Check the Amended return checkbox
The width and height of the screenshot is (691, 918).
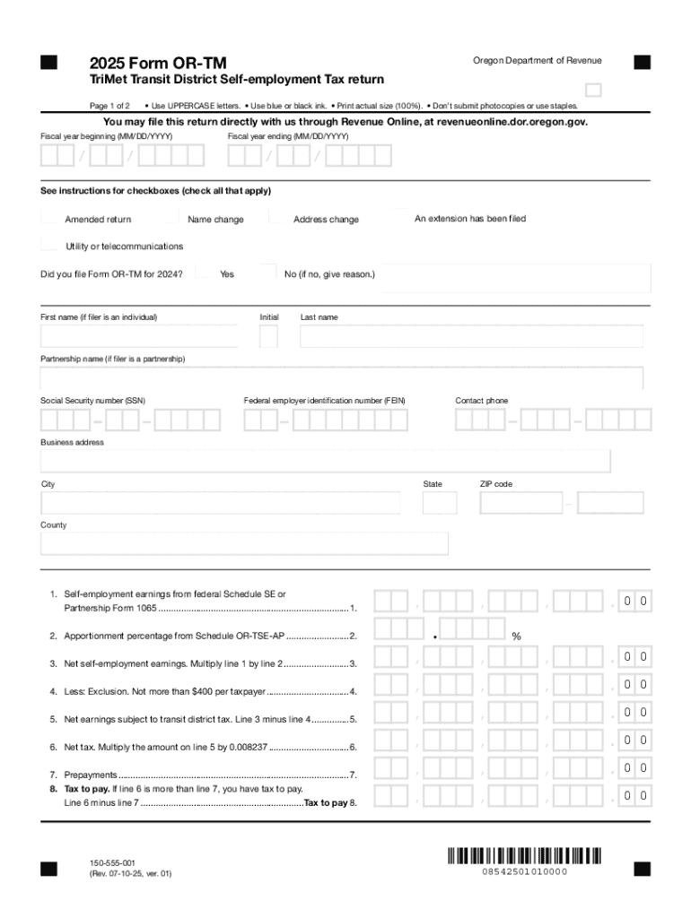pos(49,217)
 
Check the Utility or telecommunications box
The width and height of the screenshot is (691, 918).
pos(49,245)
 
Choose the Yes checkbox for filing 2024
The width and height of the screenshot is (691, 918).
pos(204,273)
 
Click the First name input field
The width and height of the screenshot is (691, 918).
pos(139,336)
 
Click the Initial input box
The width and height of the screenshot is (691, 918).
pos(268,336)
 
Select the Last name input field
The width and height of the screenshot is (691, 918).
pos(471,336)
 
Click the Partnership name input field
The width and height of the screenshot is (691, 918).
pos(341,377)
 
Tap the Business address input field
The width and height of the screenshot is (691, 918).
pos(325,461)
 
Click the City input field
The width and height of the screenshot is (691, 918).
pos(220,503)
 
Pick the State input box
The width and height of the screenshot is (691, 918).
pos(440,503)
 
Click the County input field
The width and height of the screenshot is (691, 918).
pos(244,544)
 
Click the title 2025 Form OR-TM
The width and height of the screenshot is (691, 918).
pos(158,63)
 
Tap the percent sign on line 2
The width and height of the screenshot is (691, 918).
pos(516,637)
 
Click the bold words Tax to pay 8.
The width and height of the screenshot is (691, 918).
pos(330,802)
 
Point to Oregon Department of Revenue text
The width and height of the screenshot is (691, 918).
pos(537,60)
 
